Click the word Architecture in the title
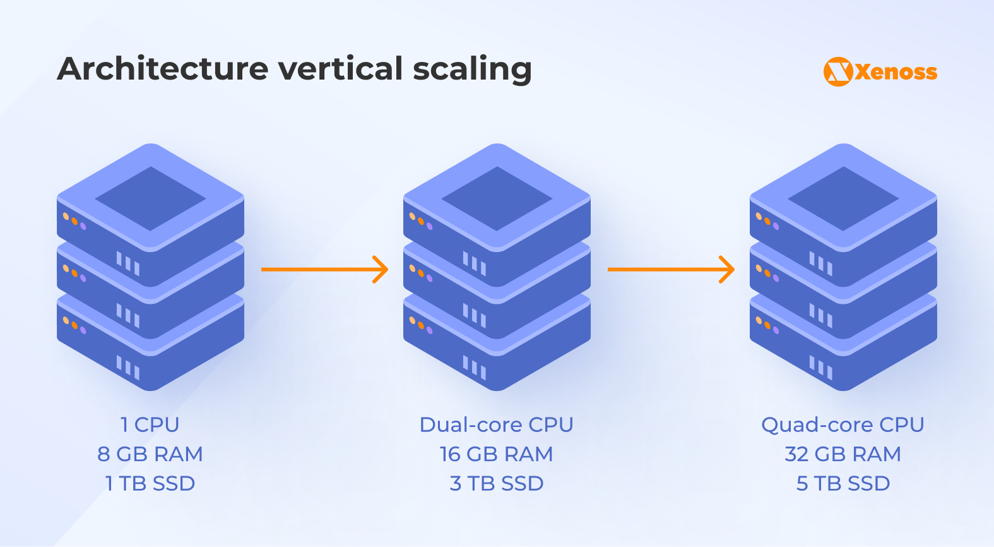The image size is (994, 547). coord(163,69)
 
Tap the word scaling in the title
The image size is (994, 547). coord(472,69)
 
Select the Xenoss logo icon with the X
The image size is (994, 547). coord(838,71)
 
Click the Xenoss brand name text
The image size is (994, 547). coord(896,72)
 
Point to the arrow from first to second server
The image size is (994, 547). coord(324,270)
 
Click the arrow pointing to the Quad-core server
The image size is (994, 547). coord(671,270)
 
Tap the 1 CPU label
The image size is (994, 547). coord(150,424)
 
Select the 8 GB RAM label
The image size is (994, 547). coord(150,454)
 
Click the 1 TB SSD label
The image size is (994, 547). coord(150,483)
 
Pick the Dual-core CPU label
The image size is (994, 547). coord(497,424)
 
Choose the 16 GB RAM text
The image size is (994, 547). coord(497,454)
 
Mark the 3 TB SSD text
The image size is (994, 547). coord(497,483)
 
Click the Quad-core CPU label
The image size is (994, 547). coord(843,424)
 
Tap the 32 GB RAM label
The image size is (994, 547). coord(843,454)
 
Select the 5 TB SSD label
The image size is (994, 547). coord(843,483)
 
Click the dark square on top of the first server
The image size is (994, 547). coord(150,198)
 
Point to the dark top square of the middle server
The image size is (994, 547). coord(497,198)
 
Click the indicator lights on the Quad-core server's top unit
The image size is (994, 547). coord(767,221)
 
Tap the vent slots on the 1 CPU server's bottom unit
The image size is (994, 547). coord(128,367)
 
